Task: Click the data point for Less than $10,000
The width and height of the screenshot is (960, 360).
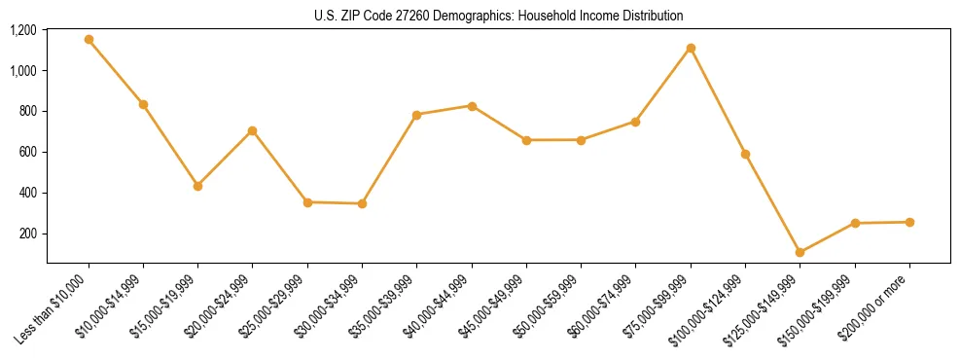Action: point(89,40)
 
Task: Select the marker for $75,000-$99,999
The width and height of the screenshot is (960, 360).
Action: point(691,48)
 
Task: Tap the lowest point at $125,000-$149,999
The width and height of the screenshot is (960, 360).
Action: point(800,252)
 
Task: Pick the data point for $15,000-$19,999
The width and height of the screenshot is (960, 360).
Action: point(197,186)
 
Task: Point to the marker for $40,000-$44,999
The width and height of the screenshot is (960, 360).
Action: point(472,106)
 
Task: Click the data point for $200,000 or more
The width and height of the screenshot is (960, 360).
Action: point(909,222)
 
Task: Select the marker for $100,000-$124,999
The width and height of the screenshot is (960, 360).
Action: point(745,154)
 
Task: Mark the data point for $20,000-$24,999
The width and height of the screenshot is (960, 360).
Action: point(253,130)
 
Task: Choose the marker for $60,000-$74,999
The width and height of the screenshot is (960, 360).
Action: point(635,122)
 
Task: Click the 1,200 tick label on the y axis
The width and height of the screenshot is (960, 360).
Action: point(23,30)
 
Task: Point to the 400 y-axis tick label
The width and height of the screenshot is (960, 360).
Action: point(29,193)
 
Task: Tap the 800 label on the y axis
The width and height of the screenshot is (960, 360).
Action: point(29,111)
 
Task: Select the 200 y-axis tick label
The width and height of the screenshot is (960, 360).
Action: point(29,234)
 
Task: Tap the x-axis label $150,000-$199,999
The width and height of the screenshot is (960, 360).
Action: point(819,307)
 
